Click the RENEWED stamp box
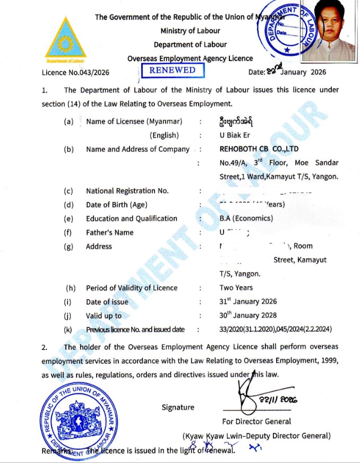(x=172, y=70)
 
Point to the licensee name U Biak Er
(x=234, y=135)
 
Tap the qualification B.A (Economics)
(x=246, y=218)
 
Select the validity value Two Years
(x=236, y=288)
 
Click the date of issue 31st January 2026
(x=248, y=302)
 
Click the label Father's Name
(x=110, y=232)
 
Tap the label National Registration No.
(x=127, y=191)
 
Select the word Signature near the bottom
(x=178, y=407)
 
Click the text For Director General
(x=256, y=422)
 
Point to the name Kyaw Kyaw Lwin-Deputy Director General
(x=256, y=436)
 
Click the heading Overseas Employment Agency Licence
(x=190, y=58)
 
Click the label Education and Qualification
(x=132, y=218)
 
